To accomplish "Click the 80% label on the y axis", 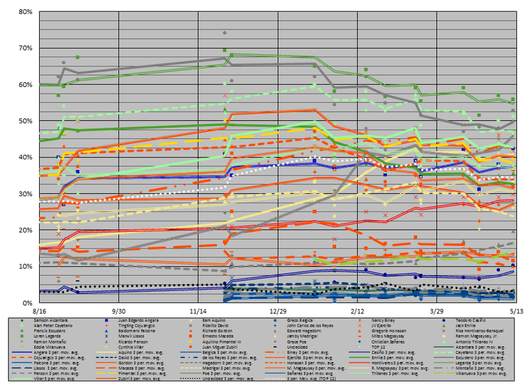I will tap(16, 11).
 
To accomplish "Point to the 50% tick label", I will tap(16, 121).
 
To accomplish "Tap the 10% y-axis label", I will tap(16, 266).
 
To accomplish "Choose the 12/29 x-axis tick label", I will tap(278, 310).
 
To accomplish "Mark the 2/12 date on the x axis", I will tap(357, 310).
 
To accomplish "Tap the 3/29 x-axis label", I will tap(437, 310).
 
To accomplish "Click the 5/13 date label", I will tap(516, 310).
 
